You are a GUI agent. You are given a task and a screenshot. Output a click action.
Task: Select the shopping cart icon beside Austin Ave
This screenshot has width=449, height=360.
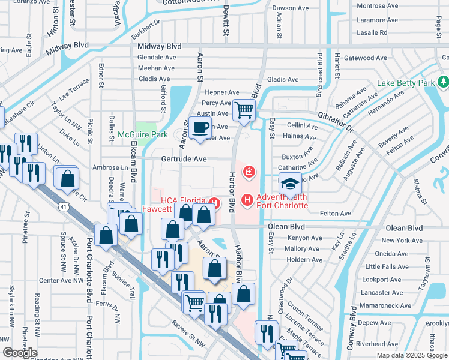click(x=244, y=110)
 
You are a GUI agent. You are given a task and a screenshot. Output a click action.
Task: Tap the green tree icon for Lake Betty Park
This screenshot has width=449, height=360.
click(x=443, y=81)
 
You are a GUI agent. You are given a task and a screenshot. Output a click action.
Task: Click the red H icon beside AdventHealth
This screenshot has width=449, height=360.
click(x=246, y=199)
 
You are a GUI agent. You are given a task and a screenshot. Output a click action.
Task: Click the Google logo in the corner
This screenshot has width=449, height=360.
click(x=20, y=353)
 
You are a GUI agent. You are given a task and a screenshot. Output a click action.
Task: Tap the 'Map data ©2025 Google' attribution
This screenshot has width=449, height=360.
click(x=412, y=355)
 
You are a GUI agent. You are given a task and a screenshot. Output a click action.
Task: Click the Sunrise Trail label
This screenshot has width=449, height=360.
click(x=124, y=285)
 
